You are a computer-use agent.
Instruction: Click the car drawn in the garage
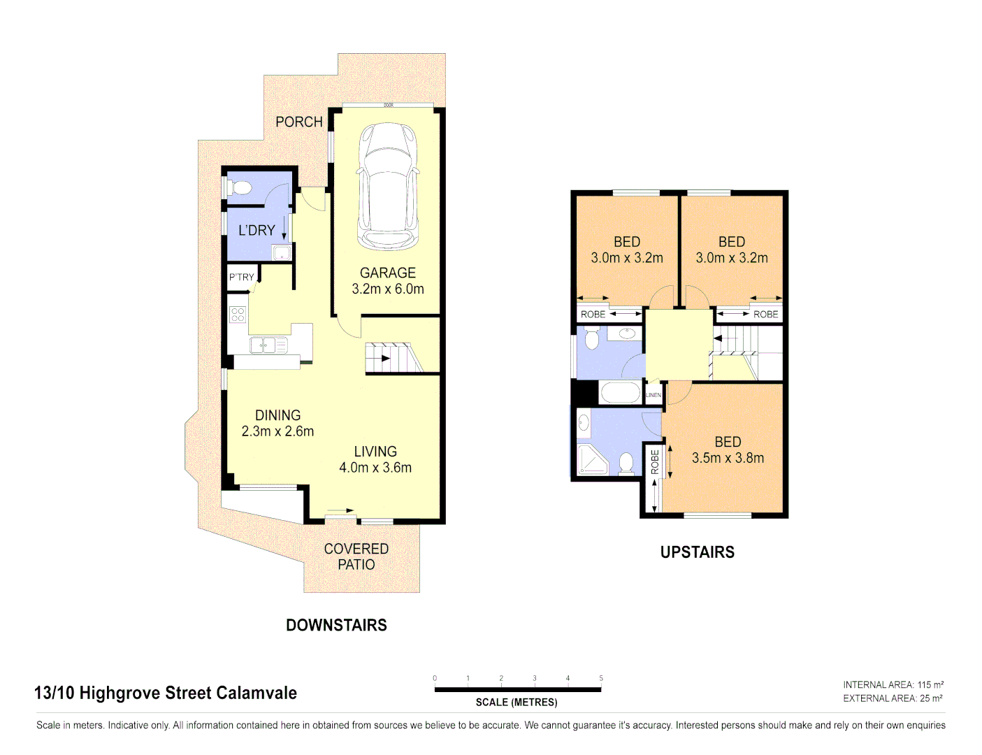388,187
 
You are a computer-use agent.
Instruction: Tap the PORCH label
299,122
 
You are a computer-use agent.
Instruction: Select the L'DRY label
257,230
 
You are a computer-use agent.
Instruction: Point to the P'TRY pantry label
242,277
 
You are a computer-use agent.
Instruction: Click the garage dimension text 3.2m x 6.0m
388,289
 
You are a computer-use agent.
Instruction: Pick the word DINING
277,415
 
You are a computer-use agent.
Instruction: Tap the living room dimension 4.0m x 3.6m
375,468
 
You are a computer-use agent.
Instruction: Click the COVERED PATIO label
356,556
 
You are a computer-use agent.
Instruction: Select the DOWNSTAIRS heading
336,625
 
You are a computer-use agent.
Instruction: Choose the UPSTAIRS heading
697,552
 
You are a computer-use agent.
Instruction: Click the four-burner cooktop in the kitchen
238,315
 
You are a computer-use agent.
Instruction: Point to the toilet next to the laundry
240,187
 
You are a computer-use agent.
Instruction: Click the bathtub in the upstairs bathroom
620,392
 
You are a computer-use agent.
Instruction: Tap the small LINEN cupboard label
653,395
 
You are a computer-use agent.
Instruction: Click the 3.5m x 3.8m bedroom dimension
728,458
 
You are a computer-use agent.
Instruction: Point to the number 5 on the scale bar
600,678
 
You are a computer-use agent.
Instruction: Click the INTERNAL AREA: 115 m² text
893,685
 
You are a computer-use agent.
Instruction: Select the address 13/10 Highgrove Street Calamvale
166,693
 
